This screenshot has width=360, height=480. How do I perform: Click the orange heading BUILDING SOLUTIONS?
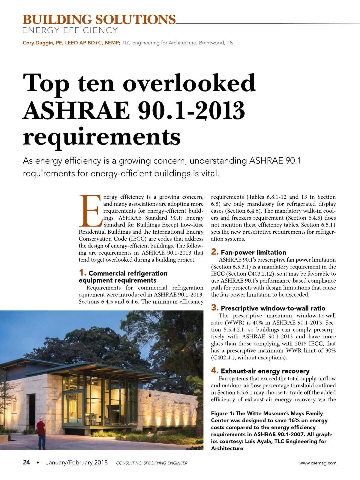99,20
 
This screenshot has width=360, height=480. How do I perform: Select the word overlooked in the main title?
189,83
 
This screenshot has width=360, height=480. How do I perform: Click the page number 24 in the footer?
26,462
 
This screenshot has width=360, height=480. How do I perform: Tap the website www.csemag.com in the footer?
318,463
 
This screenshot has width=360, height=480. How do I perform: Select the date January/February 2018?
76,462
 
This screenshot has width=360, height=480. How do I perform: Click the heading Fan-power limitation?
253,252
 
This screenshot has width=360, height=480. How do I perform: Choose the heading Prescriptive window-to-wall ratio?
273,308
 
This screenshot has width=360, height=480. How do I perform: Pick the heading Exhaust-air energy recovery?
265,371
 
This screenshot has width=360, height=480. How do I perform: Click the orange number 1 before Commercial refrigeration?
82,273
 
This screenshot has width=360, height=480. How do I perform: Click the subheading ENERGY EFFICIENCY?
70,30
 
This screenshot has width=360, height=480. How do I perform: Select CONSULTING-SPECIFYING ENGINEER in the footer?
151,463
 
